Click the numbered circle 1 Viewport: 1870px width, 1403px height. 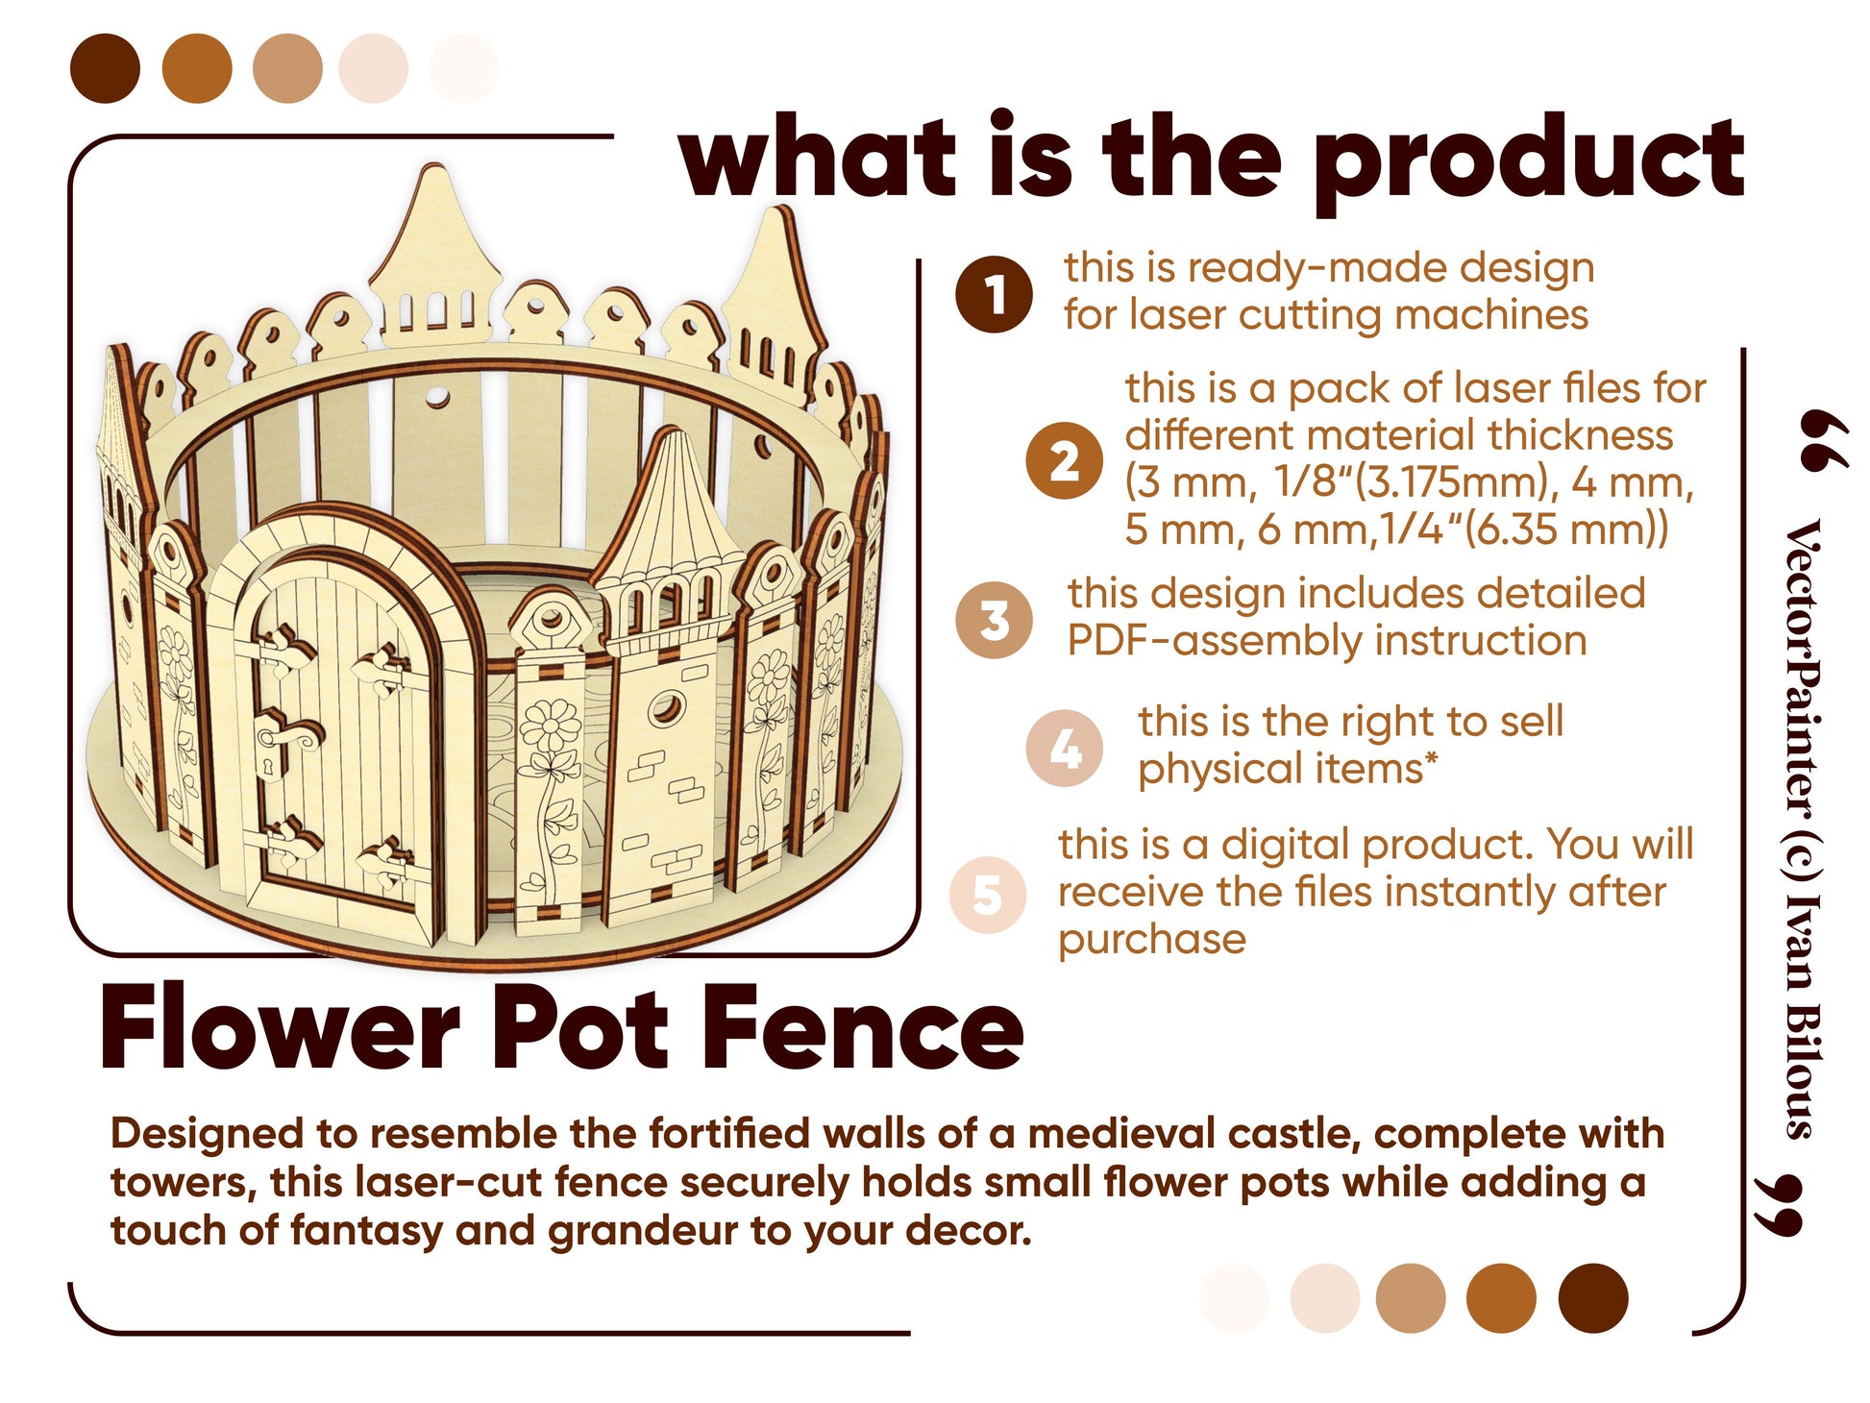(994, 294)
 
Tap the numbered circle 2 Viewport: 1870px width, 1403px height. (1063, 460)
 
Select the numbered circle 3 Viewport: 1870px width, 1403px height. (994, 620)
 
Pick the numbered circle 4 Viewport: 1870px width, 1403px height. (1064, 749)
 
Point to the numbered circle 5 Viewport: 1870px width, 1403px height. (987, 895)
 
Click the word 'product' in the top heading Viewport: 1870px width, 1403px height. (1528, 161)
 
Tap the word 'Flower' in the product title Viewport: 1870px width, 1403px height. (280, 1028)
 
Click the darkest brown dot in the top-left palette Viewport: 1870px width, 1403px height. (105, 68)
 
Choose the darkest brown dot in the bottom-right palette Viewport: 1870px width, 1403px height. (1592, 1297)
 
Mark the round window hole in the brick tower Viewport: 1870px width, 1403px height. (665, 710)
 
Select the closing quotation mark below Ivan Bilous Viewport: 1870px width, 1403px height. (1777, 1204)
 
